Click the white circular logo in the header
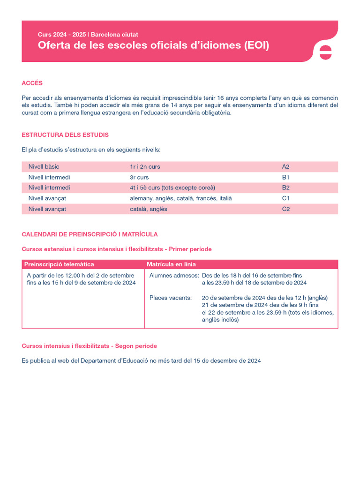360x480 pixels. (x=325, y=52)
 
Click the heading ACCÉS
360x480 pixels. (x=32, y=83)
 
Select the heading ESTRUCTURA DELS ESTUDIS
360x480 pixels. (x=65, y=135)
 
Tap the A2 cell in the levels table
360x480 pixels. (x=285, y=166)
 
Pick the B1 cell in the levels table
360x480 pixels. (x=285, y=177)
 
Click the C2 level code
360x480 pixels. (x=285, y=209)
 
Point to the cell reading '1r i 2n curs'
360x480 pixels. (x=145, y=166)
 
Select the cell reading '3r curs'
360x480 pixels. (x=139, y=177)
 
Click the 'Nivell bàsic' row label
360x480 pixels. (x=44, y=166)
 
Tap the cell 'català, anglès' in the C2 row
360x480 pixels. (x=148, y=209)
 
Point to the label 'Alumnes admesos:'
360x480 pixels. (x=174, y=275)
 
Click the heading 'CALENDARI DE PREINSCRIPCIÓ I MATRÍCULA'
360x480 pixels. (x=90, y=234)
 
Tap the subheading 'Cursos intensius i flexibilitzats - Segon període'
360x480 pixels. (x=89, y=346)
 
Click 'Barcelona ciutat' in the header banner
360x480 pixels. (x=114, y=35)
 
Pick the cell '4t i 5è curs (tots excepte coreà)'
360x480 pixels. (x=172, y=187)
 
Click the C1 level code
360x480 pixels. (x=285, y=198)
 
